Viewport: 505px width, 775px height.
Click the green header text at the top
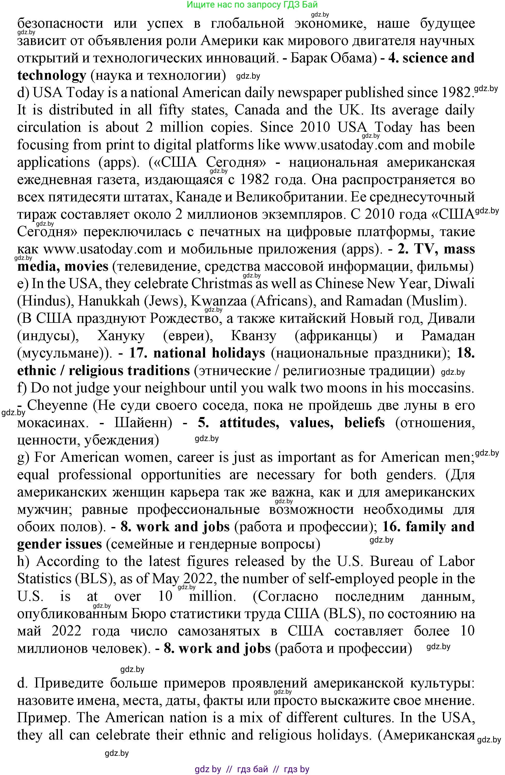252,5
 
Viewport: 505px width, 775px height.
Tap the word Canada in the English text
257,110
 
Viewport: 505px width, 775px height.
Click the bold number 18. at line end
465,353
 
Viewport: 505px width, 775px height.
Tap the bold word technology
51,76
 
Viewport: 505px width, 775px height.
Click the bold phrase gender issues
59,544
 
